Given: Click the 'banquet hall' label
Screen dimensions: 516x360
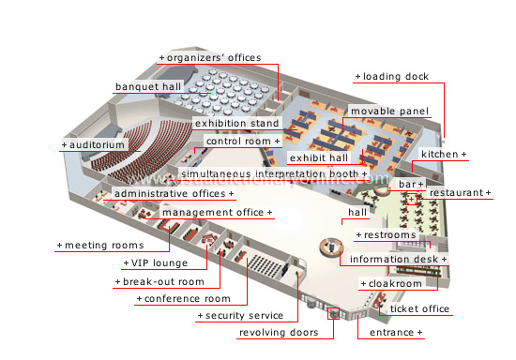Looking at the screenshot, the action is (x=147, y=87).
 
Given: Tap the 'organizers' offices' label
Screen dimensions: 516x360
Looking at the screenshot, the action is (x=208, y=58).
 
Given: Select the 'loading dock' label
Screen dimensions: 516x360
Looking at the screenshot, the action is (x=391, y=77).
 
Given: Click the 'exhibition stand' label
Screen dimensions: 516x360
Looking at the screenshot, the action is (x=236, y=124).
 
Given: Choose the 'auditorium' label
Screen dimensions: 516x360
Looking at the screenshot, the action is (x=94, y=146).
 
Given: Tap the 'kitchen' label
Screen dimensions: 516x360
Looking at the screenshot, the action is (x=444, y=154).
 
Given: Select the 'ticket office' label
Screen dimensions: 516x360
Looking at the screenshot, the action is (x=417, y=308).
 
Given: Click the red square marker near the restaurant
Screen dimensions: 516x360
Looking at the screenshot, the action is (x=411, y=200).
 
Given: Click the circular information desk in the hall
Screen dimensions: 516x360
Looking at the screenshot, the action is (x=330, y=247).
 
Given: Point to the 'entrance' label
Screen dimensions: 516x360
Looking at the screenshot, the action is (x=393, y=333).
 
